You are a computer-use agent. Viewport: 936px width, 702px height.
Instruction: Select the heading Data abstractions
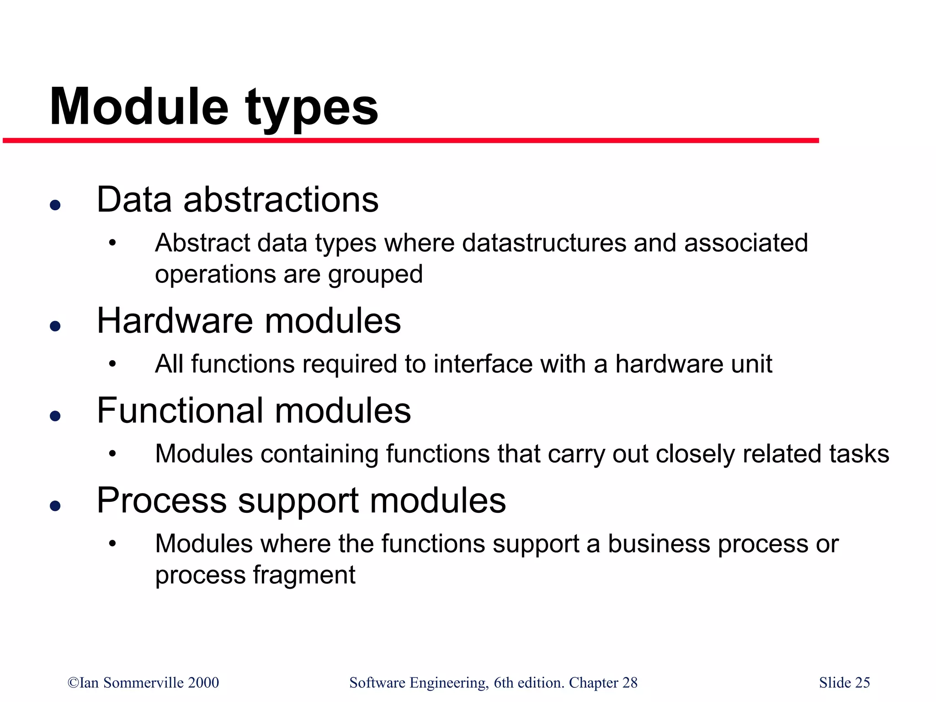click(238, 200)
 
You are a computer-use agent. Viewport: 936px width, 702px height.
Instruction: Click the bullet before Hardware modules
click(55, 326)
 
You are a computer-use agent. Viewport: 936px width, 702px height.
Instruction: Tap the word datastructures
click(544, 243)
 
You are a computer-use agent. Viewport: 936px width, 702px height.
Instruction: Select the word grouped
click(375, 275)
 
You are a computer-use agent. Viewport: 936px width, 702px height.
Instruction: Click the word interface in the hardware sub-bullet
click(483, 364)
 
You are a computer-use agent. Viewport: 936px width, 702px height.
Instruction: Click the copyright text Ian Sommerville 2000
click(143, 682)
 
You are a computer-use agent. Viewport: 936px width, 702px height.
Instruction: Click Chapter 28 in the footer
click(603, 682)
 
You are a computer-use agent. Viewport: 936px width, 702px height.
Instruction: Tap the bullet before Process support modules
click(55, 505)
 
